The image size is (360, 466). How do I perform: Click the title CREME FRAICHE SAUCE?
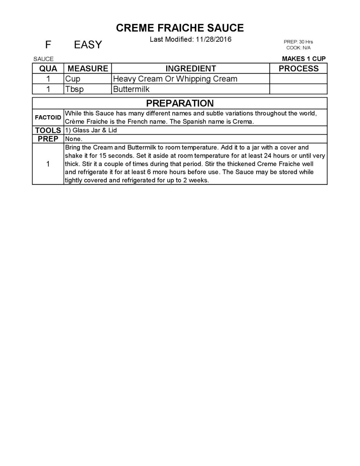click(x=180, y=28)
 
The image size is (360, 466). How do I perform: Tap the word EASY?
click(x=88, y=45)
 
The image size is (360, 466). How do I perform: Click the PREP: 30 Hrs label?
click(x=298, y=42)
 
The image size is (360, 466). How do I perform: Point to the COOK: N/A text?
click(x=298, y=48)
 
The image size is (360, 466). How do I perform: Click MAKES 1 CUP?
click(x=303, y=59)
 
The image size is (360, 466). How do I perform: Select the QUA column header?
click(x=48, y=68)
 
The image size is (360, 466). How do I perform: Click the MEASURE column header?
click(x=88, y=68)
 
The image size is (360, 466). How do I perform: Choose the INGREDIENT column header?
click(x=191, y=68)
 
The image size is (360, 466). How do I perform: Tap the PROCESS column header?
click(x=298, y=68)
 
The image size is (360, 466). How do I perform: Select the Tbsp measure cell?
click(x=74, y=89)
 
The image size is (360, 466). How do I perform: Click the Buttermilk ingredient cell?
click(x=131, y=89)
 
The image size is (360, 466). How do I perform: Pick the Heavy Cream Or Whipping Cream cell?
click(x=175, y=79)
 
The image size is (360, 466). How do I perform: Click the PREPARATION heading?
click(x=180, y=103)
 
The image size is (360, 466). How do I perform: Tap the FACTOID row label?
click(x=48, y=118)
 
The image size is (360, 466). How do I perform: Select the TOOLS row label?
click(x=48, y=130)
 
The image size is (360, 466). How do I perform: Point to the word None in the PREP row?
click(x=73, y=139)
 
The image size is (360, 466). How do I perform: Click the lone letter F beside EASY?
click(x=48, y=45)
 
